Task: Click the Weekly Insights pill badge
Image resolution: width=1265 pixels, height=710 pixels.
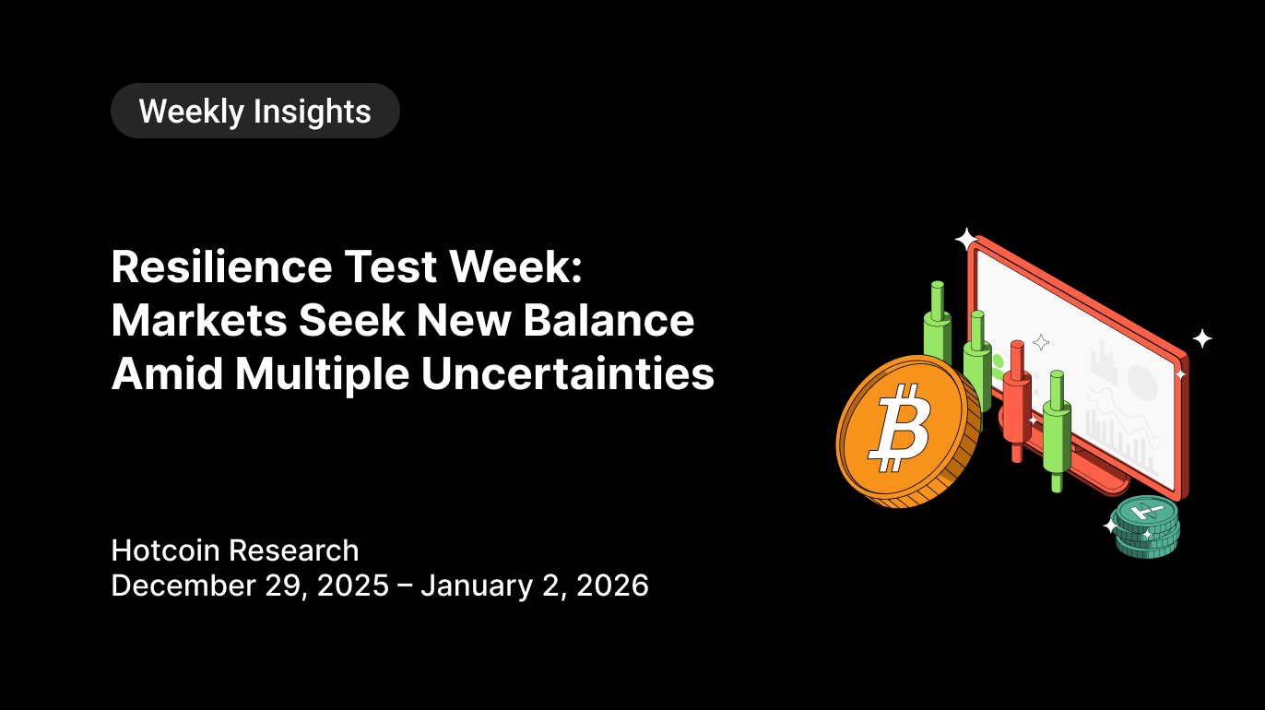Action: (255, 111)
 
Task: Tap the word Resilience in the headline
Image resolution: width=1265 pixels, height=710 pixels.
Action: (222, 266)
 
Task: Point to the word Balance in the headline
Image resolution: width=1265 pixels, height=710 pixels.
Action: (609, 320)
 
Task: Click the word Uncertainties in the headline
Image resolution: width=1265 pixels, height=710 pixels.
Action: (568, 373)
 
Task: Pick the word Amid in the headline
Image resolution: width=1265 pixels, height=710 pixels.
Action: (167, 373)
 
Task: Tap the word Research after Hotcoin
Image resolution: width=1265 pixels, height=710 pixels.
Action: (293, 550)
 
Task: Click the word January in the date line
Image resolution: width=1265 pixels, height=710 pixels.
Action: (477, 586)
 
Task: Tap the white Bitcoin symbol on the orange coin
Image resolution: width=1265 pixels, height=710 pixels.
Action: (900, 428)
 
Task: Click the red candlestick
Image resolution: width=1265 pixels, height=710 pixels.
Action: (1017, 401)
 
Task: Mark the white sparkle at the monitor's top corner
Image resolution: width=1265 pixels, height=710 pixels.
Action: (966, 240)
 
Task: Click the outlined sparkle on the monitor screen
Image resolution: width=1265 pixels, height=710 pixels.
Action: (1041, 342)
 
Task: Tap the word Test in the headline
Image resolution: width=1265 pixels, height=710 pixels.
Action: (391, 266)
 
